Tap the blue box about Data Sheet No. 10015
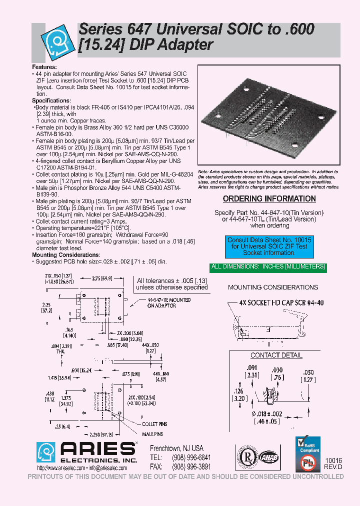click(x=269, y=246)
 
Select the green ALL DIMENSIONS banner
click(x=268, y=267)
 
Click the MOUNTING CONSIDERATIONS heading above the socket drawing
click(x=272, y=287)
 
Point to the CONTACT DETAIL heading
click(x=276, y=355)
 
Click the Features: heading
click(x=44, y=67)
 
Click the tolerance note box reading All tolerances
click(x=172, y=284)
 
